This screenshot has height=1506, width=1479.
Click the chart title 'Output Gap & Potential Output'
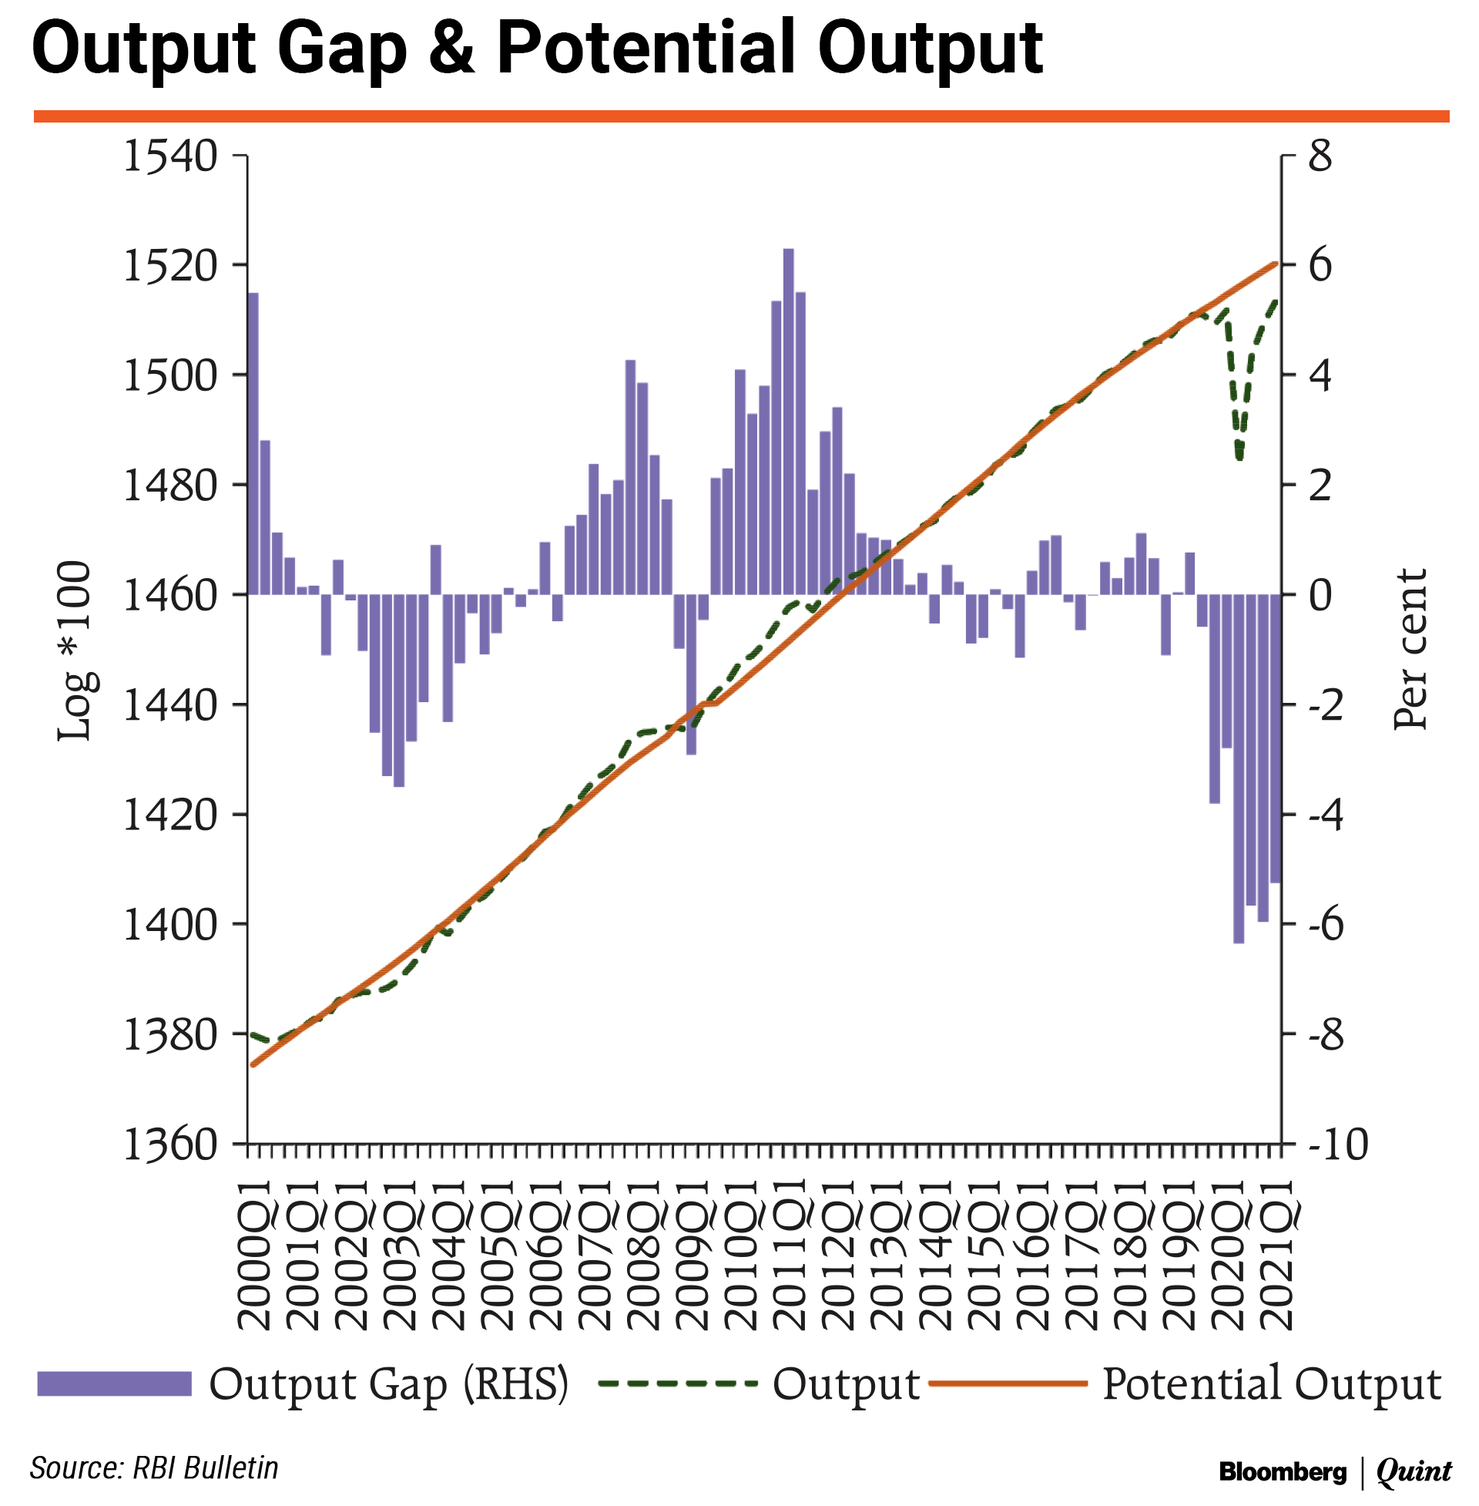click(x=536, y=50)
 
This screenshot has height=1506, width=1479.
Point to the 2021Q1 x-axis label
click(x=1278, y=1254)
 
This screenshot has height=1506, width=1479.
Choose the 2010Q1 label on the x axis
click(x=742, y=1254)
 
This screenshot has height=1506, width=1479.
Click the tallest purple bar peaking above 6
click(x=789, y=419)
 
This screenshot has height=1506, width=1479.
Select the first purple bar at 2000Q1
click(x=253, y=443)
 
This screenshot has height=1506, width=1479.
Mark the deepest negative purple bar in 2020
click(x=1239, y=769)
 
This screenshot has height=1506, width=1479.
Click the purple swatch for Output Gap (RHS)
click(x=114, y=1384)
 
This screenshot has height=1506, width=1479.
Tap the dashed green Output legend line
click(x=677, y=1384)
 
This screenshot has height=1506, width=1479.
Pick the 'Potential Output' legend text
click(x=1272, y=1384)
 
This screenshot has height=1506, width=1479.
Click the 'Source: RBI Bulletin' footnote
click(x=154, y=1468)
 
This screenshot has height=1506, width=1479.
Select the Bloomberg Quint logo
click(x=1334, y=1471)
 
